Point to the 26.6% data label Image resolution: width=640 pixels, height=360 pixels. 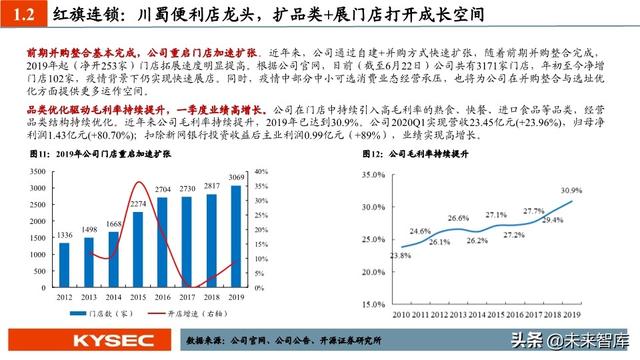coord(459,219)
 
